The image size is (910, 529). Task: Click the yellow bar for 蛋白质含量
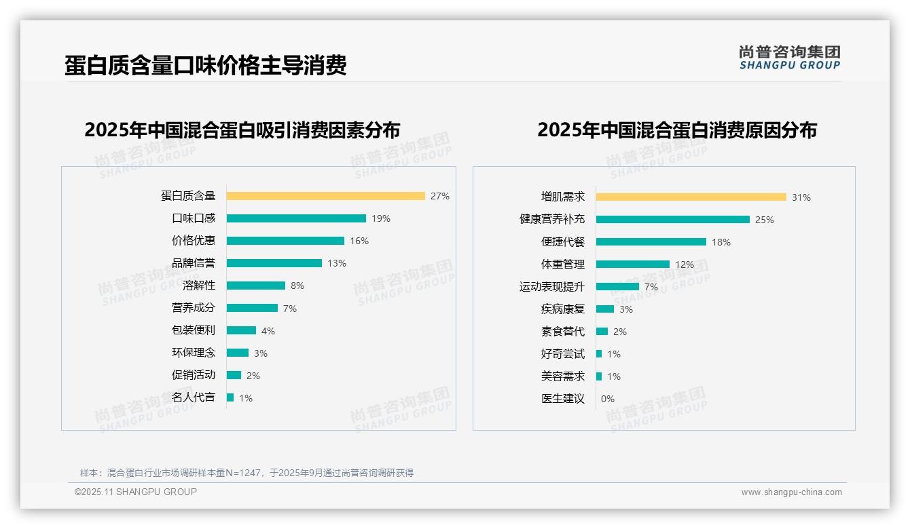pyautogui.click(x=325, y=196)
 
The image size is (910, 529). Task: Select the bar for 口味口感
pyautogui.click(x=296, y=218)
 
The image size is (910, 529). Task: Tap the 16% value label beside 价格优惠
pyautogui.click(x=359, y=241)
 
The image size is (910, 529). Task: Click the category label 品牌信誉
pyautogui.click(x=193, y=263)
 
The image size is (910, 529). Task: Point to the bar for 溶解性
pyautogui.click(x=255, y=286)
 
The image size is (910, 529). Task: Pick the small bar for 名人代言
pyautogui.click(x=230, y=397)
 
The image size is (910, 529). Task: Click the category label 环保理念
pyautogui.click(x=193, y=353)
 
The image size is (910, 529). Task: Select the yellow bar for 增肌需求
pyautogui.click(x=691, y=197)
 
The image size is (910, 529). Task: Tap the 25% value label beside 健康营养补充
pyautogui.click(x=764, y=220)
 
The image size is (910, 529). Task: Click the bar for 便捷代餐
pyautogui.click(x=651, y=242)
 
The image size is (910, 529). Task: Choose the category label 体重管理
pyautogui.click(x=562, y=264)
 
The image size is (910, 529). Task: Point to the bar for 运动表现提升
pyautogui.click(x=617, y=287)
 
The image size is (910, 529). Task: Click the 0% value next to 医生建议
pyautogui.click(x=607, y=399)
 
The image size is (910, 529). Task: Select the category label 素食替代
pyautogui.click(x=562, y=332)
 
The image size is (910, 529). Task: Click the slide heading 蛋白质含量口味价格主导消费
pyautogui.click(x=205, y=65)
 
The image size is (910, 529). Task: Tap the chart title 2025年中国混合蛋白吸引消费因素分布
pyautogui.click(x=242, y=130)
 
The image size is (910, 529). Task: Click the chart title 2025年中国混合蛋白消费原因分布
pyautogui.click(x=676, y=130)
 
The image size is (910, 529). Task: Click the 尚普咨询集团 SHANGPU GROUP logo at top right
pyautogui.click(x=789, y=58)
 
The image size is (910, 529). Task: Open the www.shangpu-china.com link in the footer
pyautogui.click(x=791, y=492)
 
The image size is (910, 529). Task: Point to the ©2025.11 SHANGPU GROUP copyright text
pyautogui.click(x=135, y=492)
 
